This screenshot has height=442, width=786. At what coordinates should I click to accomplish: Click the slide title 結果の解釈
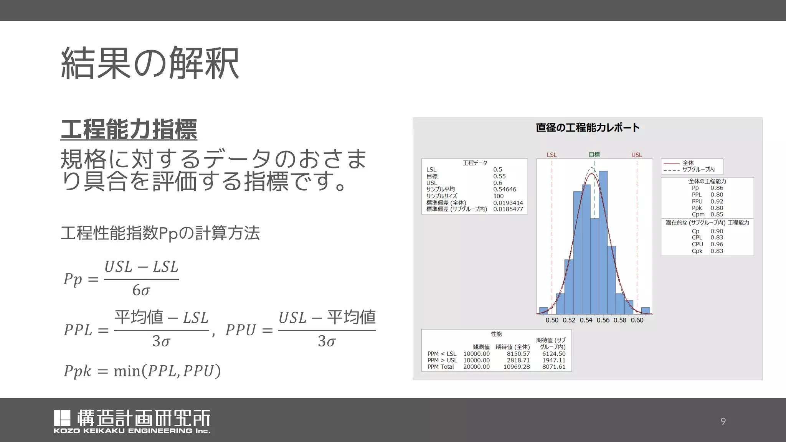tap(150, 63)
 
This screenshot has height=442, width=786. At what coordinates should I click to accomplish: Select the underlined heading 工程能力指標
tap(129, 129)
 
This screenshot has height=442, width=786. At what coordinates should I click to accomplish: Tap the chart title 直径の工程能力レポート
tap(587, 127)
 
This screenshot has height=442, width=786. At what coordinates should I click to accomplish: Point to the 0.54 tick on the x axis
tap(586, 320)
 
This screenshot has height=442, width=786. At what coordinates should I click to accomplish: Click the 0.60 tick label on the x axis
tap(637, 320)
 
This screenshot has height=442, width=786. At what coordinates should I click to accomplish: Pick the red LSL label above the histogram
tap(552, 155)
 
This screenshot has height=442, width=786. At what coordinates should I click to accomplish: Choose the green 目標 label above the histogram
tap(594, 155)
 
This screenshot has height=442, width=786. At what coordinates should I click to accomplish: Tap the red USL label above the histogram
tap(637, 155)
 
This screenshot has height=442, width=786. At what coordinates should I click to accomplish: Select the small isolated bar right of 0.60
tap(646, 311)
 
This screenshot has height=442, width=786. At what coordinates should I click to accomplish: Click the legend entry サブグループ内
tap(698, 169)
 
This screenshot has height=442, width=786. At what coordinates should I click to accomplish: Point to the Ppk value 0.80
tap(717, 208)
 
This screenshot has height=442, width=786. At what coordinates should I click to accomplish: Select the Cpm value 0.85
tap(717, 214)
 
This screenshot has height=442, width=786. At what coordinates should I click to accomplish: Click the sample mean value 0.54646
tap(505, 189)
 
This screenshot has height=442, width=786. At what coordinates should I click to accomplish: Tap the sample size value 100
tap(498, 196)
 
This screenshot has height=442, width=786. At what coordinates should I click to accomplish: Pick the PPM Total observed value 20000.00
tap(476, 367)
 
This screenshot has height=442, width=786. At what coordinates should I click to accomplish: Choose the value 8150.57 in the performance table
tap(518, 354)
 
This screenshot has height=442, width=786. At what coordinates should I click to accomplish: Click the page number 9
tap(723, 421)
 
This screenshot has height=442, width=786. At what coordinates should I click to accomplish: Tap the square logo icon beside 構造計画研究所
tap(62, 418)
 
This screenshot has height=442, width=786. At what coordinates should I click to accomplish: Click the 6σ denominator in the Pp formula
tap(141, 290)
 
